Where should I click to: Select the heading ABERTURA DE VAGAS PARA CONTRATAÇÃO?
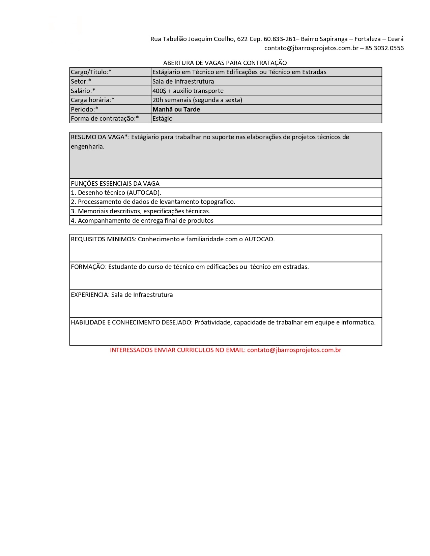point(225,63)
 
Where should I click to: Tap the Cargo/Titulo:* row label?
point(91,72)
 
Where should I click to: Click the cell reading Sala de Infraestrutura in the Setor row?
point(183,82)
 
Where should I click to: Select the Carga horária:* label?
point(93,100)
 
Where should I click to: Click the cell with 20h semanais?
point(197,100)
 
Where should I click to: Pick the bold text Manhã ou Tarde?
point(176,110)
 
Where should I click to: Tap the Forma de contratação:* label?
point(105,119)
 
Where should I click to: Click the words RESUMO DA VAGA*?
point(99,137)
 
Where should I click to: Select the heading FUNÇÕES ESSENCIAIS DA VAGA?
point(115,184)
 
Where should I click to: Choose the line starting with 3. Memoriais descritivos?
point(141,211)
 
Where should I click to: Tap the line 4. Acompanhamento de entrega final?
point(142,221)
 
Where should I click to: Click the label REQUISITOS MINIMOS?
point(103,239)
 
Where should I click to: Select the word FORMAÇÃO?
point(88,267)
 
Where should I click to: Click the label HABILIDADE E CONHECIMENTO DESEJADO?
point(132,322)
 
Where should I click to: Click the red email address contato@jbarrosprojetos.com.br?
point(294,350)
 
